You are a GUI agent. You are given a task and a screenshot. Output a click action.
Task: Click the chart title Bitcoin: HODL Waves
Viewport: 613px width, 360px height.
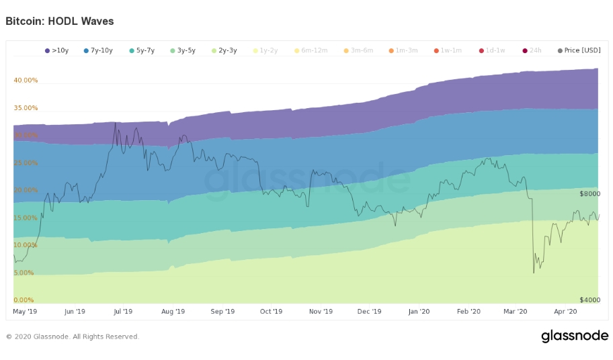click(60, 21)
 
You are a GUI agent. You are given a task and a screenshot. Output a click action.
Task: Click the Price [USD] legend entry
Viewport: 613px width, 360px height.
click(579, 50)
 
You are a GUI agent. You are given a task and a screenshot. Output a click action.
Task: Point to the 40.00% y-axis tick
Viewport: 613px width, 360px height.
click(26, 80)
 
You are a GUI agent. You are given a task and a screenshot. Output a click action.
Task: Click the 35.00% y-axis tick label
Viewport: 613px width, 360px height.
click(26, 107)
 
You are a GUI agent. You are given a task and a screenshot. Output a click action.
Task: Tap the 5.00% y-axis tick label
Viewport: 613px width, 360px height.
click(24, 273)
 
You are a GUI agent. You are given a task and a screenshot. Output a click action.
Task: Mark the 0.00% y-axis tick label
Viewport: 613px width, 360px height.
click(24, 300)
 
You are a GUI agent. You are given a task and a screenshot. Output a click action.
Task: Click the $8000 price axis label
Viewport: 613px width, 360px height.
click(589, 193)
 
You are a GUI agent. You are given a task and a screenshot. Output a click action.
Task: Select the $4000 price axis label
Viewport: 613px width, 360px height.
click(589, 300)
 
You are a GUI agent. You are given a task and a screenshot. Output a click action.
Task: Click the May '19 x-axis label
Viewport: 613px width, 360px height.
click(25, 312)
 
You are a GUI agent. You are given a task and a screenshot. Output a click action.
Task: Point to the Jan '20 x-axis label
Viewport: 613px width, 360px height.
click(419, 312)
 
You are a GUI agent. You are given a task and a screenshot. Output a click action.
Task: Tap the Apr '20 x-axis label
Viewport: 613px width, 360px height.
click(565, 312)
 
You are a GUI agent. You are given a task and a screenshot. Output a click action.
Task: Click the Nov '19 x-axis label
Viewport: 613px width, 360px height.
click(321, 312)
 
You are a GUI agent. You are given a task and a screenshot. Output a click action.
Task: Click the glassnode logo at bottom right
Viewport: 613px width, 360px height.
click(575, 336)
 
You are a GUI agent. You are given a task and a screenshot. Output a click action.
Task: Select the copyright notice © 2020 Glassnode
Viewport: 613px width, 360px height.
click(73, 336)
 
